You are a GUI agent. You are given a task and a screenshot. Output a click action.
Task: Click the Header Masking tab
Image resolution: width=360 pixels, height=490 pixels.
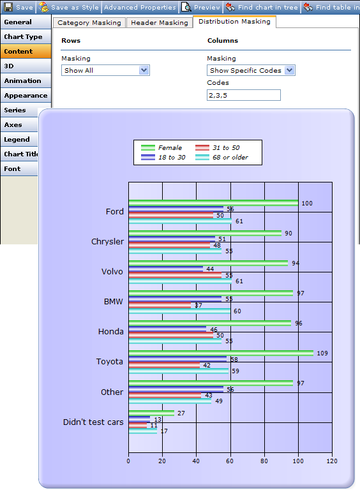click(x=160, y=22)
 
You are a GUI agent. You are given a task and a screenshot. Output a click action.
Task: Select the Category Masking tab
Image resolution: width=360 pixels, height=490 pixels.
click(x=89, y=22)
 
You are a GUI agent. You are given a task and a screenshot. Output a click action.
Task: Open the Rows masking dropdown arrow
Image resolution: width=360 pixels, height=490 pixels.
click(x=144, y=70)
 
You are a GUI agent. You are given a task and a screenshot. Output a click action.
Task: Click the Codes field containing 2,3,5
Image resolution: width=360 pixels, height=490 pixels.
click(x=244, y=95)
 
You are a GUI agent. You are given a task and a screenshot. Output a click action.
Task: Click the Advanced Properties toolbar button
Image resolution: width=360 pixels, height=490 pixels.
click(x=140, y=7)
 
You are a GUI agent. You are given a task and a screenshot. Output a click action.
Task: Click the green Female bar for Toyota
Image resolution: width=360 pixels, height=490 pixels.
click(x=221, y=353)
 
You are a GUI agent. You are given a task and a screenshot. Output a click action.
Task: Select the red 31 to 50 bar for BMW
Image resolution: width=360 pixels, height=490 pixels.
click(x=160, y=305)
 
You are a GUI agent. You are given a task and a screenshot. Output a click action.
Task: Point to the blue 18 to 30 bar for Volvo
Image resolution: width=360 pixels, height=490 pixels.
click(x=166, y=269)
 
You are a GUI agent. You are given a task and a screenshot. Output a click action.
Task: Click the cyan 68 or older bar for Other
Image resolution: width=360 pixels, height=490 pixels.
click(x=170, y=401)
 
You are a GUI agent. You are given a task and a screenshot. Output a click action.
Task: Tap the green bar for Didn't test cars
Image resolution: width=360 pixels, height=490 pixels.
click(x=151, y=413)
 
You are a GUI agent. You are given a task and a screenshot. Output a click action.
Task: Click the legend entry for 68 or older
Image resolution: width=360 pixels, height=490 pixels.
click(x=222, y=157)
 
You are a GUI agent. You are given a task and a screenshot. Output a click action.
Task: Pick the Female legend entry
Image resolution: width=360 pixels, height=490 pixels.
click(x=161, y=147)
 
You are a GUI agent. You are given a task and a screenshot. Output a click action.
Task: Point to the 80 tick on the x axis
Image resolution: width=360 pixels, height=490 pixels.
click(x=264, y=461)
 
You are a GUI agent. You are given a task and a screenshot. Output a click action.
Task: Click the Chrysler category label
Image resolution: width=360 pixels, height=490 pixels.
click(x=107, y=242)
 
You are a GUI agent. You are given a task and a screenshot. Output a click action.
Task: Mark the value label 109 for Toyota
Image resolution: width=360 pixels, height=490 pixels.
click(x=322, y=353)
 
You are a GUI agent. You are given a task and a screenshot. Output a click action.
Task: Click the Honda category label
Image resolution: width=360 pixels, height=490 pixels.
click(x=111, y=332)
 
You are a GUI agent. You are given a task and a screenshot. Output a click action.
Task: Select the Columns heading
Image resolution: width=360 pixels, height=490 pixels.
click(x=223, y=41)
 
